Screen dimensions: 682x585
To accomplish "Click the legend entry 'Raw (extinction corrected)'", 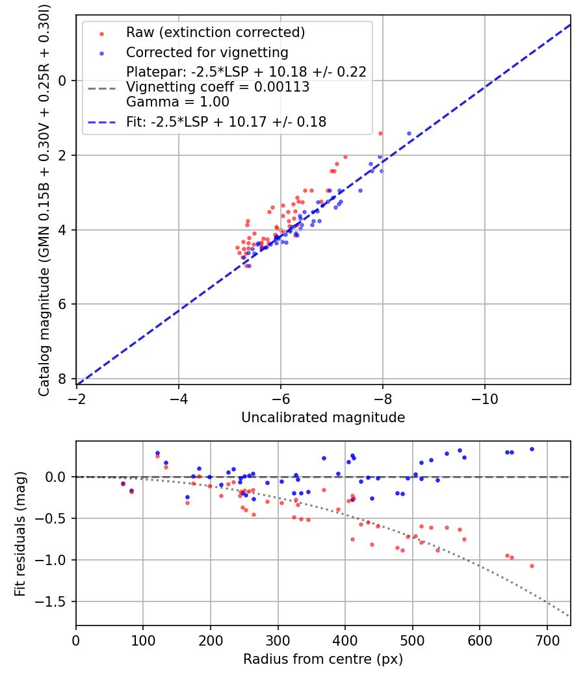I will point(215,32).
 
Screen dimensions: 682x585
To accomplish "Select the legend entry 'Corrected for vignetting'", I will point(207,52).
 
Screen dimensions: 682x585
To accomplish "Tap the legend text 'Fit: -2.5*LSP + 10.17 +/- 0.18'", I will point(226,121).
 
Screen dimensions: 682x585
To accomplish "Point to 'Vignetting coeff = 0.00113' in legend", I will point(218,87).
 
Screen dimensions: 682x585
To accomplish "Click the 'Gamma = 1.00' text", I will point(177,102).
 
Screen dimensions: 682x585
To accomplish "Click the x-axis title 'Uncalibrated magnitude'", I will point(323,418).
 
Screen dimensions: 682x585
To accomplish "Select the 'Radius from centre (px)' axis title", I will point(323,659).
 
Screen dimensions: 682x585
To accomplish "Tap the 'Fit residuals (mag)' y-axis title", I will point(20,534).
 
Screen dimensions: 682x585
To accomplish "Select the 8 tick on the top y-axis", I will point(62,379).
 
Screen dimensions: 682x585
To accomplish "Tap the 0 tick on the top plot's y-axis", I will point(62,81).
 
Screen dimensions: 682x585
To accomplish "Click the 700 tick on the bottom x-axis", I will point(547,640).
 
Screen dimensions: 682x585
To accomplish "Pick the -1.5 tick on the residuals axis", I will point(55,601).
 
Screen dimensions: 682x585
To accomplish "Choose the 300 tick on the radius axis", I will point(278,640).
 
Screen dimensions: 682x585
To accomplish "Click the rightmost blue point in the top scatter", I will point(409,133).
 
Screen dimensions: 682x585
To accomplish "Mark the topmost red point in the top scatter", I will point(380,133).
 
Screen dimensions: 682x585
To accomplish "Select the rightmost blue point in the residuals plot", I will point(531,449).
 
